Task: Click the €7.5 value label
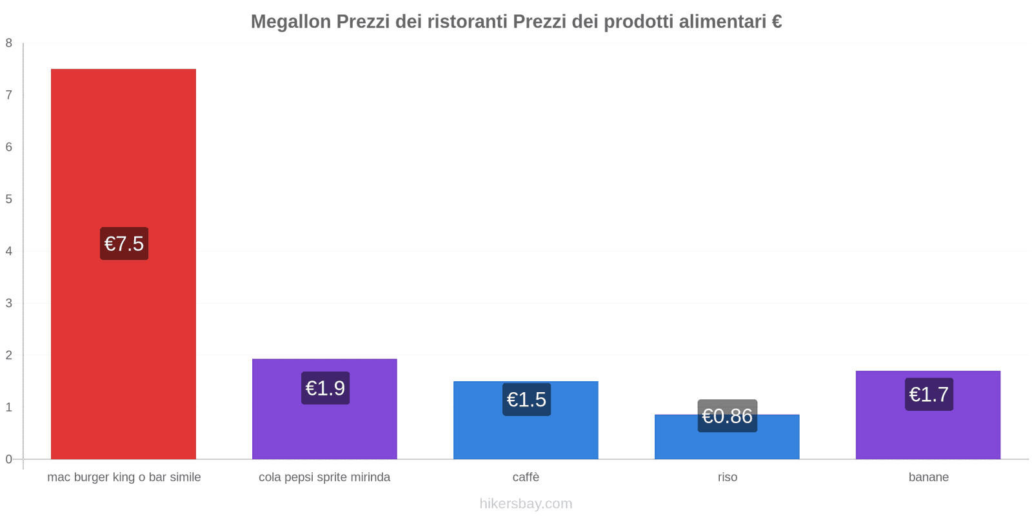(x=124, y=244)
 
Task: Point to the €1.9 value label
(x=325, y=388)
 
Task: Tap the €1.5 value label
(x=526, y=400)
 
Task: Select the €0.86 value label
(x=727, y=416)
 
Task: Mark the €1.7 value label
(x=929, y=394)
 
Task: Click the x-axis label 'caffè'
(x=526, y=477)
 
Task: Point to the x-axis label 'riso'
(x=727, y=477)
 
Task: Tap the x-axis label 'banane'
(x=928, y=477)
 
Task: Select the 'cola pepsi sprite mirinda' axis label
(x=324, y=477)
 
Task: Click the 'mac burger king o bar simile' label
(x=124, y=477)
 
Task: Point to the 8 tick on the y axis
(x=9, y=43)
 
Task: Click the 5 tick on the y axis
(x=9, y=199)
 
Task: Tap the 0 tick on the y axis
(x=9, y=459)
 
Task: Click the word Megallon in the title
(x=290, y=22)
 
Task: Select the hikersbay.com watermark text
(x=526, y=504)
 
